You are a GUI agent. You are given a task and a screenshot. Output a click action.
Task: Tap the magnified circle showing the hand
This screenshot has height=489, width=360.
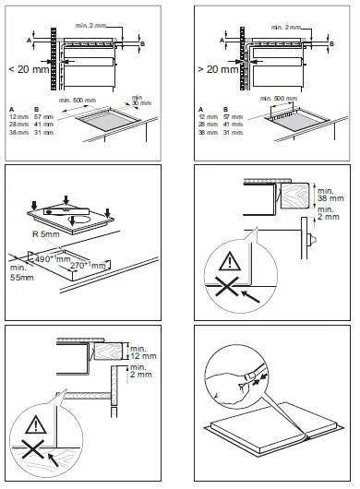pos(236,377)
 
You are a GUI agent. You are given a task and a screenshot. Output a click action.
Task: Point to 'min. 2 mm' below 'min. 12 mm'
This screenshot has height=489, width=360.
pos(140,373)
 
